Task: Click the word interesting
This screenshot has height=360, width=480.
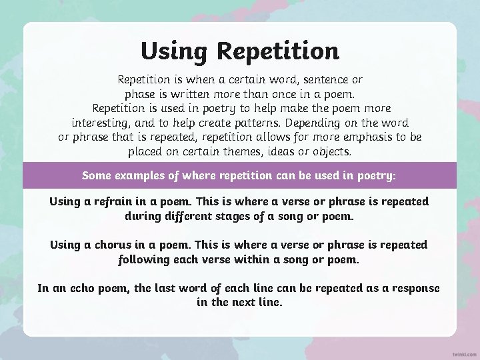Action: (102, 123)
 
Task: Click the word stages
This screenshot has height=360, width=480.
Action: (253, 216)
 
